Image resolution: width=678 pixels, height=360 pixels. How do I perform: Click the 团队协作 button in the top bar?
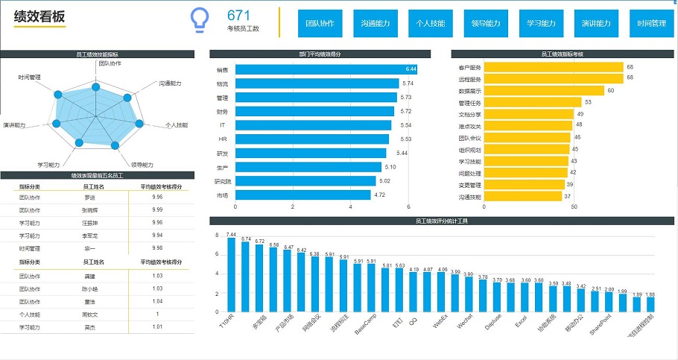[320, 23]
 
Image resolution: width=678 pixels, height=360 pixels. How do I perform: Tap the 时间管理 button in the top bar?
[652, 23]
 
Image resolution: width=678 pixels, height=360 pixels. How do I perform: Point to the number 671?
[238, 16]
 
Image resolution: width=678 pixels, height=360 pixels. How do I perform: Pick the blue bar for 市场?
[302, 195]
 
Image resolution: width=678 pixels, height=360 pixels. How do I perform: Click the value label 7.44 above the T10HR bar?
[231, 235]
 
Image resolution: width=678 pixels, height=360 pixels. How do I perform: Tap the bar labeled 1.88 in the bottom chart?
[650, 303]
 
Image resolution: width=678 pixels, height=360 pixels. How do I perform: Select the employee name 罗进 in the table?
[89, 198]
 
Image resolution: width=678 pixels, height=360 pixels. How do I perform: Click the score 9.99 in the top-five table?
[157, 210]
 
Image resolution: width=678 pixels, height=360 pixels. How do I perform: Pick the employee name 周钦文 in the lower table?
[89, 314]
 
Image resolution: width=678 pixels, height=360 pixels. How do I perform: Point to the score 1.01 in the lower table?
[157, 326]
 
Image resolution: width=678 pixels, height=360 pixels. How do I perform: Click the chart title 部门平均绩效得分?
[320, 54]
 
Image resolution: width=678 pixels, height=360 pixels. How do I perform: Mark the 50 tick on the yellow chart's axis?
[574, 207]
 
